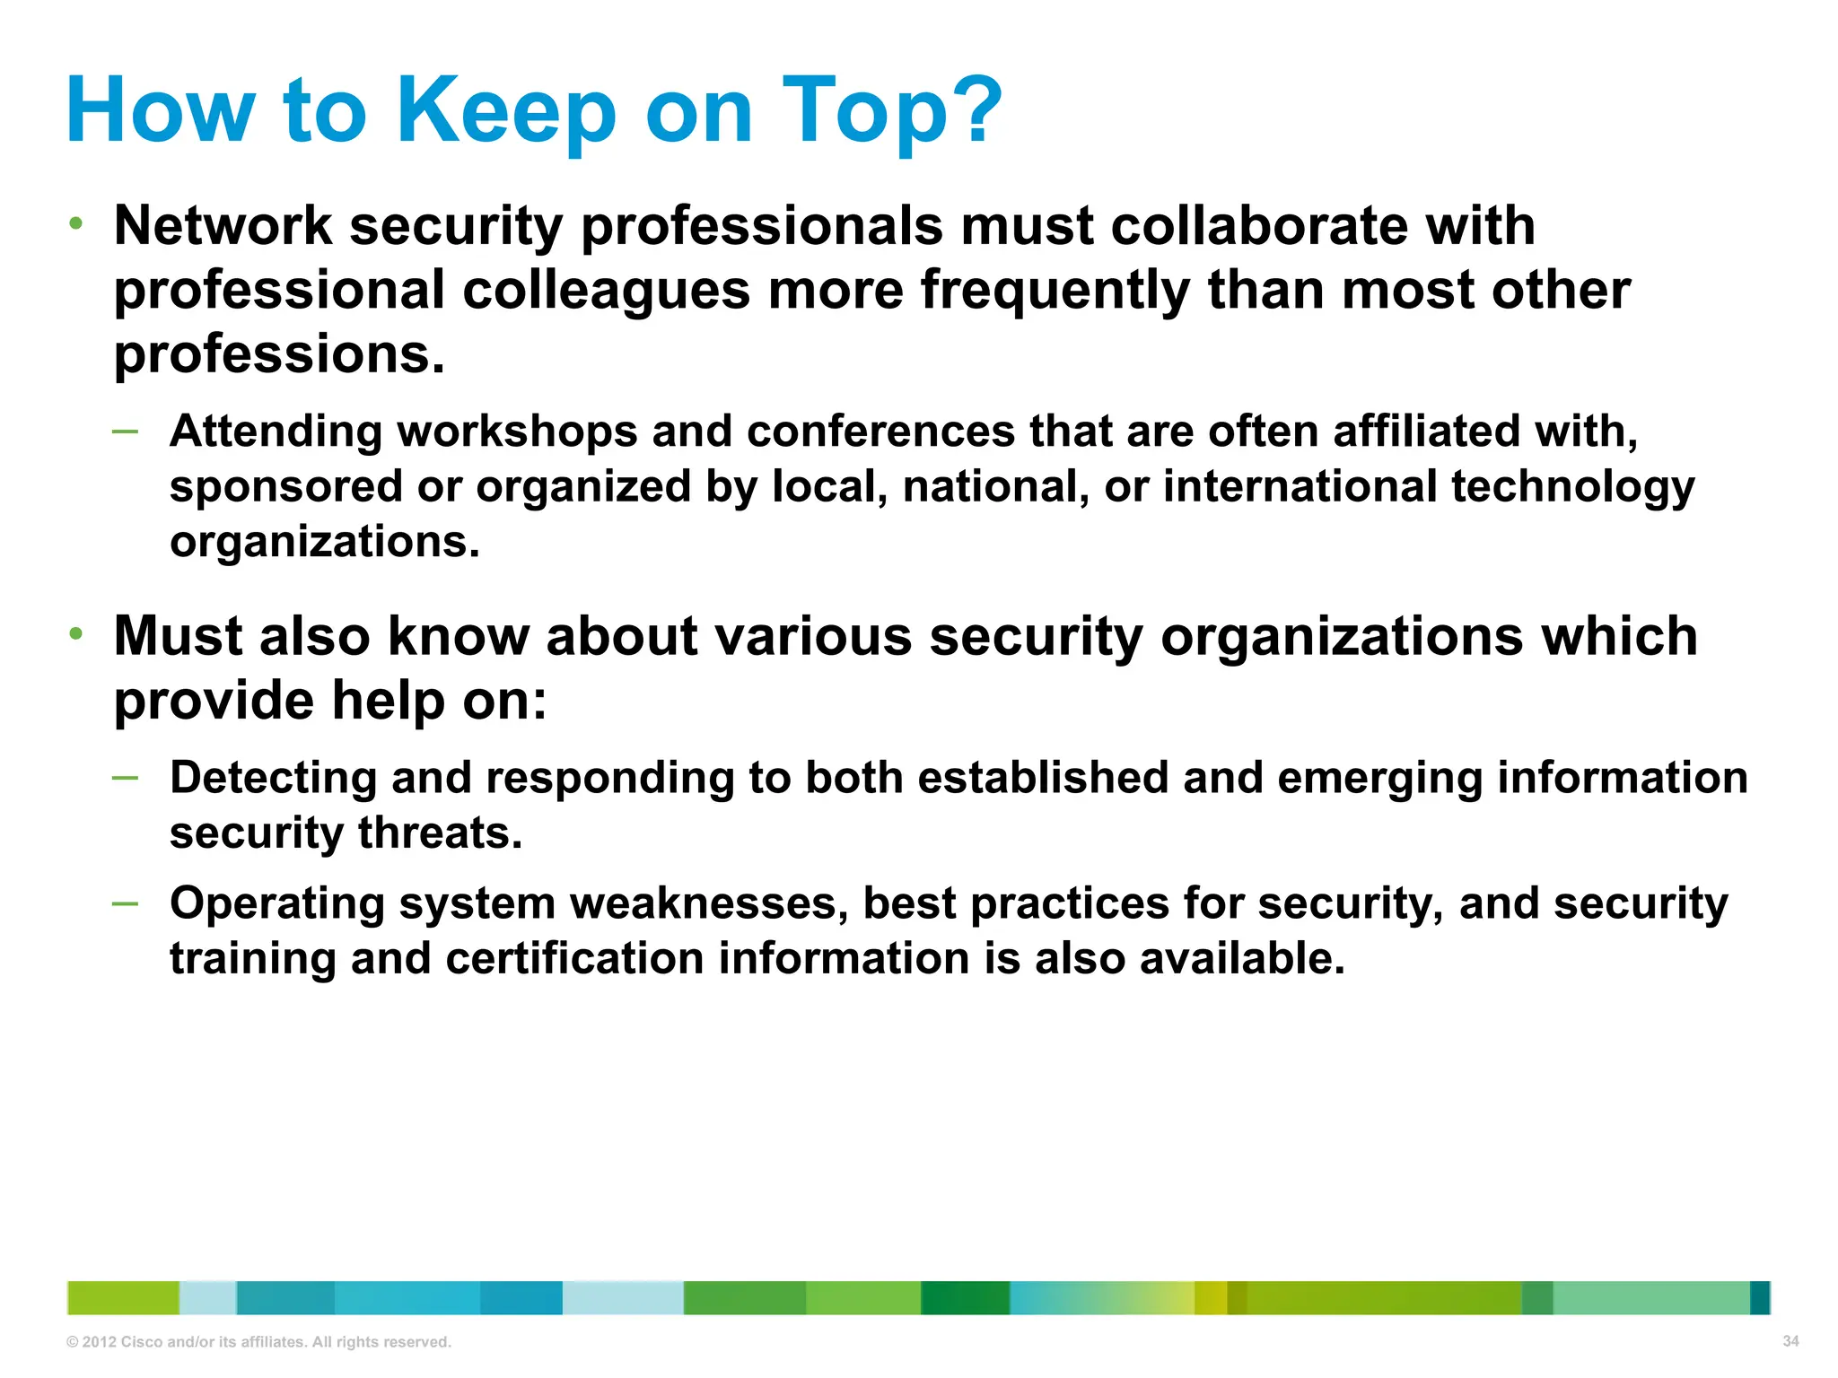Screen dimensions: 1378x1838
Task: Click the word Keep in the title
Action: [505, 111]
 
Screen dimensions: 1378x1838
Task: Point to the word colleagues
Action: [607, 290]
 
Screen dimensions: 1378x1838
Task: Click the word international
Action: [1300, 487]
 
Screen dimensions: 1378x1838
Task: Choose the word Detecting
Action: [273, 779]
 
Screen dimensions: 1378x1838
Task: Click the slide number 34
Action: [1790, 1341]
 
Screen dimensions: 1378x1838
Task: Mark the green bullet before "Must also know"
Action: [77, 634]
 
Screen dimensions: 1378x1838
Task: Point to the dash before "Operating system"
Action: [125, 903]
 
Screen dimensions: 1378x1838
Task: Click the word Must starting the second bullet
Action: [179, 636]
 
